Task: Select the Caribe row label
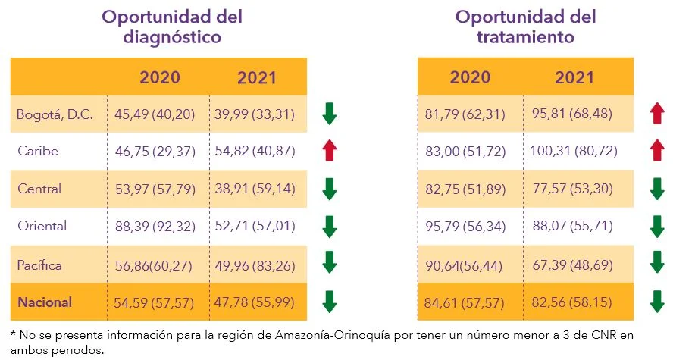coord(38,152)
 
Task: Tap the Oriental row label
coord(42,226)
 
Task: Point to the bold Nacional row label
coord(45,302)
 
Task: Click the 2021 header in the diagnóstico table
coord(257,77)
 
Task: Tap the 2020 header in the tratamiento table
coord(470,77)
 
